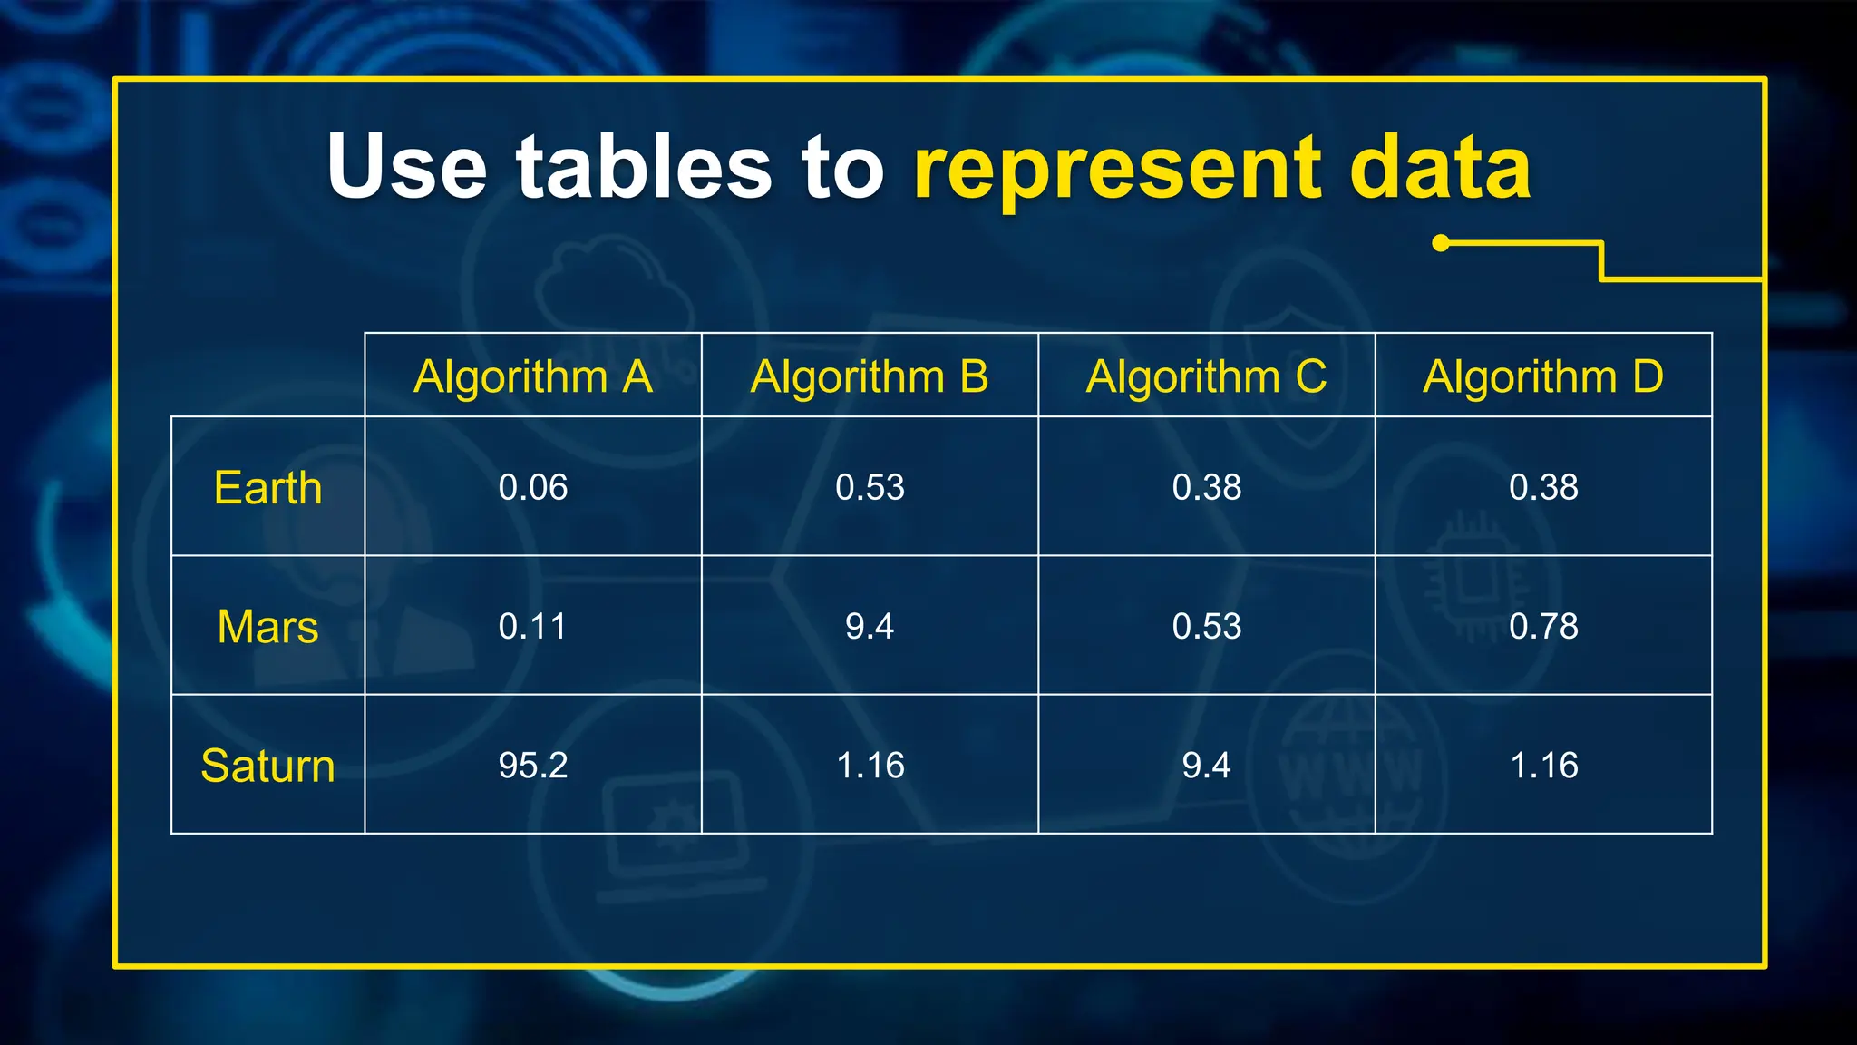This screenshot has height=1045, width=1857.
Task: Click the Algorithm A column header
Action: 533,376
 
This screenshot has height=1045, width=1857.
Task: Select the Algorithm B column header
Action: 870,376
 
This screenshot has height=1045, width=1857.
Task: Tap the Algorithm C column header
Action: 1206,376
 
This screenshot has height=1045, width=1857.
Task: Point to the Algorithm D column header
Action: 1543,376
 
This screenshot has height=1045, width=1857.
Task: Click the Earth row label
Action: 267,488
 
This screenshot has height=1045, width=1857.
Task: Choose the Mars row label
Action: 267,627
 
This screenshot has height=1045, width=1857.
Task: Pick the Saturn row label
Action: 267,766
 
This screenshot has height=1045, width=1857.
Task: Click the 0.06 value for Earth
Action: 533,488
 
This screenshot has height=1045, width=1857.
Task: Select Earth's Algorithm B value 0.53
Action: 870,488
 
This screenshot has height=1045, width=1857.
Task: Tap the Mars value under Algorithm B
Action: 870,627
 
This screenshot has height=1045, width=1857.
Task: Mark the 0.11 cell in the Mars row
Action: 533,627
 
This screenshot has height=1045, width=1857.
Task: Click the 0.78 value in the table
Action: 1543,627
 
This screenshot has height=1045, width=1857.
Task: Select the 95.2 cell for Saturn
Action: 533,766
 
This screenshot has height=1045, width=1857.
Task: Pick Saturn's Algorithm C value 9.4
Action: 1206,766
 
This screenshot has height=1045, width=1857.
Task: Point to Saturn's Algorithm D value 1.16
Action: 1543,766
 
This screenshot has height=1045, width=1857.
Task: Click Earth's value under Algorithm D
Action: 1543,488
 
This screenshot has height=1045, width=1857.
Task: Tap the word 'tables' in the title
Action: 644,167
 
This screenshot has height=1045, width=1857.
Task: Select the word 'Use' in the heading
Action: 407,167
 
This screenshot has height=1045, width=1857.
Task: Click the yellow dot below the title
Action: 1441,243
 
